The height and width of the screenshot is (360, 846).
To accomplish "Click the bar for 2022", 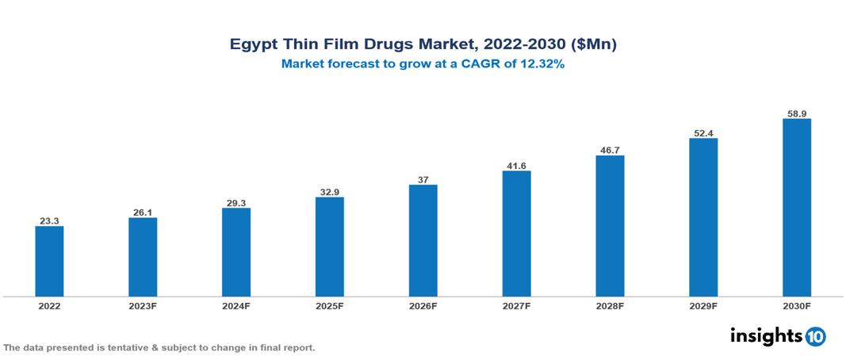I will pos(49,261).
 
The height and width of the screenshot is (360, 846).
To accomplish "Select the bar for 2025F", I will pos(330,247).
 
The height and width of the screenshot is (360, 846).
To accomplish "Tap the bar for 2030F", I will pos(796,208).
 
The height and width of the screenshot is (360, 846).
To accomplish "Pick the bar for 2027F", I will pos(516,234).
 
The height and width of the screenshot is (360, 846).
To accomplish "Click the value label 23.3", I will pos(49,221).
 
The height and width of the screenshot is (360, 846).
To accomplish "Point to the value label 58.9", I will pos(796,114).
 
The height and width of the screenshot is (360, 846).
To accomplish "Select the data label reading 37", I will pos(423,180).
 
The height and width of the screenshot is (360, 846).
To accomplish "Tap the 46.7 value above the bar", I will pos(610,150).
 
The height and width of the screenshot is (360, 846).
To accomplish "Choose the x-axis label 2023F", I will pos(143,305).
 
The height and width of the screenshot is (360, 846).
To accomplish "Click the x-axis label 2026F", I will pos(423,305).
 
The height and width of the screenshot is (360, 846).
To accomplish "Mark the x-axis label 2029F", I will pos(703,305).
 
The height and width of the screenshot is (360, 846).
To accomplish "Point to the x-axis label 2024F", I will pos(236,305).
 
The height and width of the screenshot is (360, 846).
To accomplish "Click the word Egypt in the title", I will pos(254,45).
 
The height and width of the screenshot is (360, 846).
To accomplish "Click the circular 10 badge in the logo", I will pos(815,336).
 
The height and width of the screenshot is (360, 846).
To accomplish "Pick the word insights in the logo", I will pos(766,335).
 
